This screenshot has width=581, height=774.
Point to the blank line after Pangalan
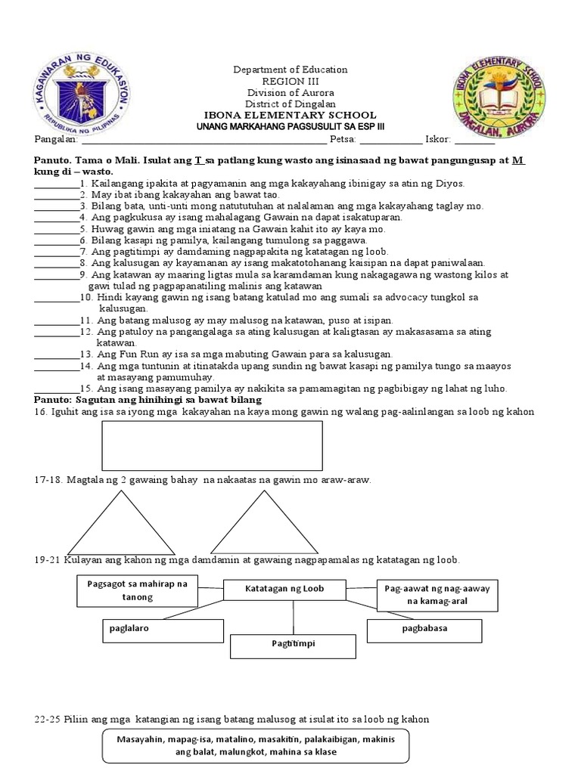pyautogui.click(x=204, y=141)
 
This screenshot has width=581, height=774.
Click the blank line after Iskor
pyautogui.click(x=474, y=141)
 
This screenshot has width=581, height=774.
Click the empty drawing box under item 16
pyautogui.click(x=212, y=445)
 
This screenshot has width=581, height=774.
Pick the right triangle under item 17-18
pyautogui.click(x=256, y=523)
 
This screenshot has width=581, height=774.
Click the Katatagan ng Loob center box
pyautogui.click(x=284, y=589)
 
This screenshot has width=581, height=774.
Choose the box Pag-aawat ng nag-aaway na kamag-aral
pyautogui.click(x=438, y=594)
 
